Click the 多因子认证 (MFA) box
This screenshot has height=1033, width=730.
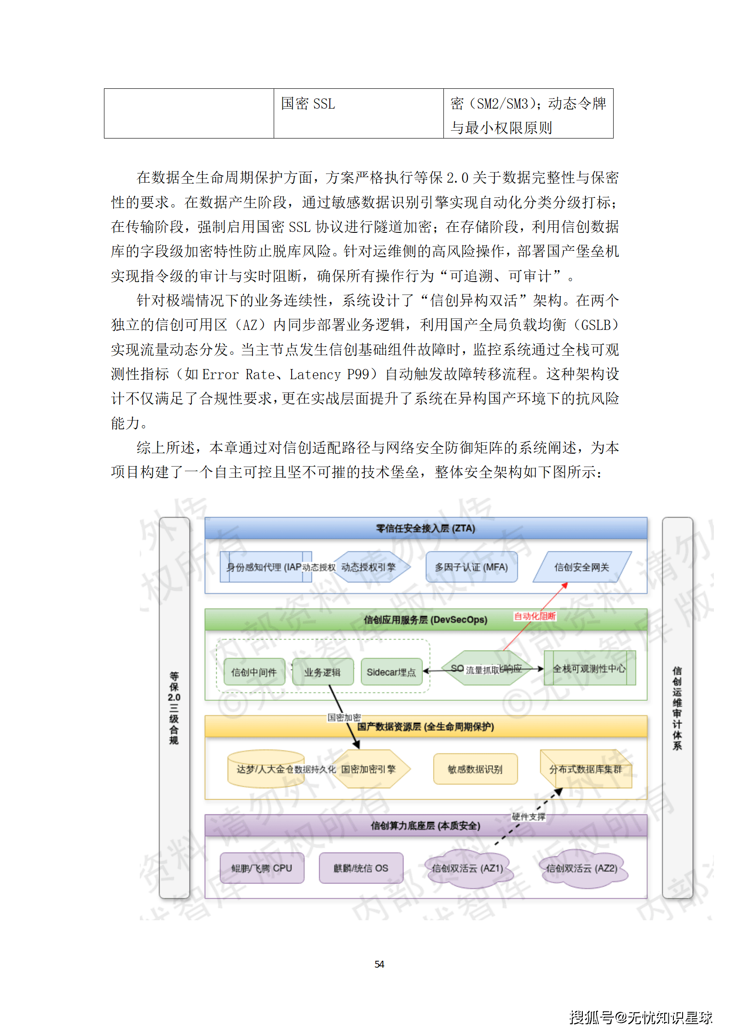click(x=471, y=567)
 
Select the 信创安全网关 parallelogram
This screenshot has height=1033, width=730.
click(x=581, y=567)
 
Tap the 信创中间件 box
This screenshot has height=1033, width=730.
click(x=254, y=672)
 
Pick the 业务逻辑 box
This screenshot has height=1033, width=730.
click(x=322, y=672)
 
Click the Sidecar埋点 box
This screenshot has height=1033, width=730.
click(x=391, y=672)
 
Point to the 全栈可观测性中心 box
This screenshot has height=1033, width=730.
click(x=589, y=668)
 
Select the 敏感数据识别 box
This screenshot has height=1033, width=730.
click(x=475, y=769)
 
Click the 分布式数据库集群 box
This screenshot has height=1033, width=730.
click(x=586, y=769)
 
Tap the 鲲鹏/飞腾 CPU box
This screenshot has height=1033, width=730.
click(x=262, y=868)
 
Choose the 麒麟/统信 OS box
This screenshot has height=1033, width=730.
click(x=361, y=868)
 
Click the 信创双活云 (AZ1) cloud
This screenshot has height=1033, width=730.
click(x=467, y=868)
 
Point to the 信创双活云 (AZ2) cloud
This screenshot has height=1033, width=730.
click(x=582, y=868)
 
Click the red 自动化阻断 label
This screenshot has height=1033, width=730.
click(x=535, y=616)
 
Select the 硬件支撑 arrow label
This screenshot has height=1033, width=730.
click(x=529, y=817)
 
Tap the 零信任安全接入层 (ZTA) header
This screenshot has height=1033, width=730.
click(x=425, y=528)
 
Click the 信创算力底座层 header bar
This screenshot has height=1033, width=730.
click(x=425, y=825)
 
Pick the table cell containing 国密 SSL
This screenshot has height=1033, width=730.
click(x=358, y=113)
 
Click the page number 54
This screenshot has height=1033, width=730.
click(x=379, y=964)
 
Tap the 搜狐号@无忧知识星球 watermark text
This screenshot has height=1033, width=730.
click(x=641, y=1017)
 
